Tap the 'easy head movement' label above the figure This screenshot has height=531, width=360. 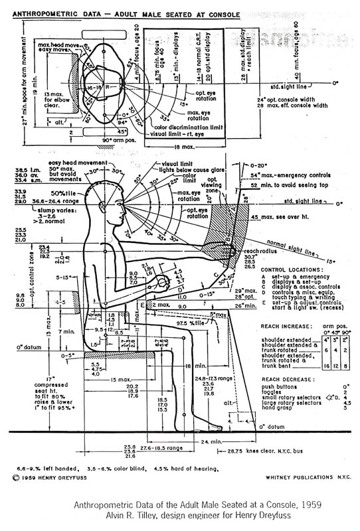coord(81,162)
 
